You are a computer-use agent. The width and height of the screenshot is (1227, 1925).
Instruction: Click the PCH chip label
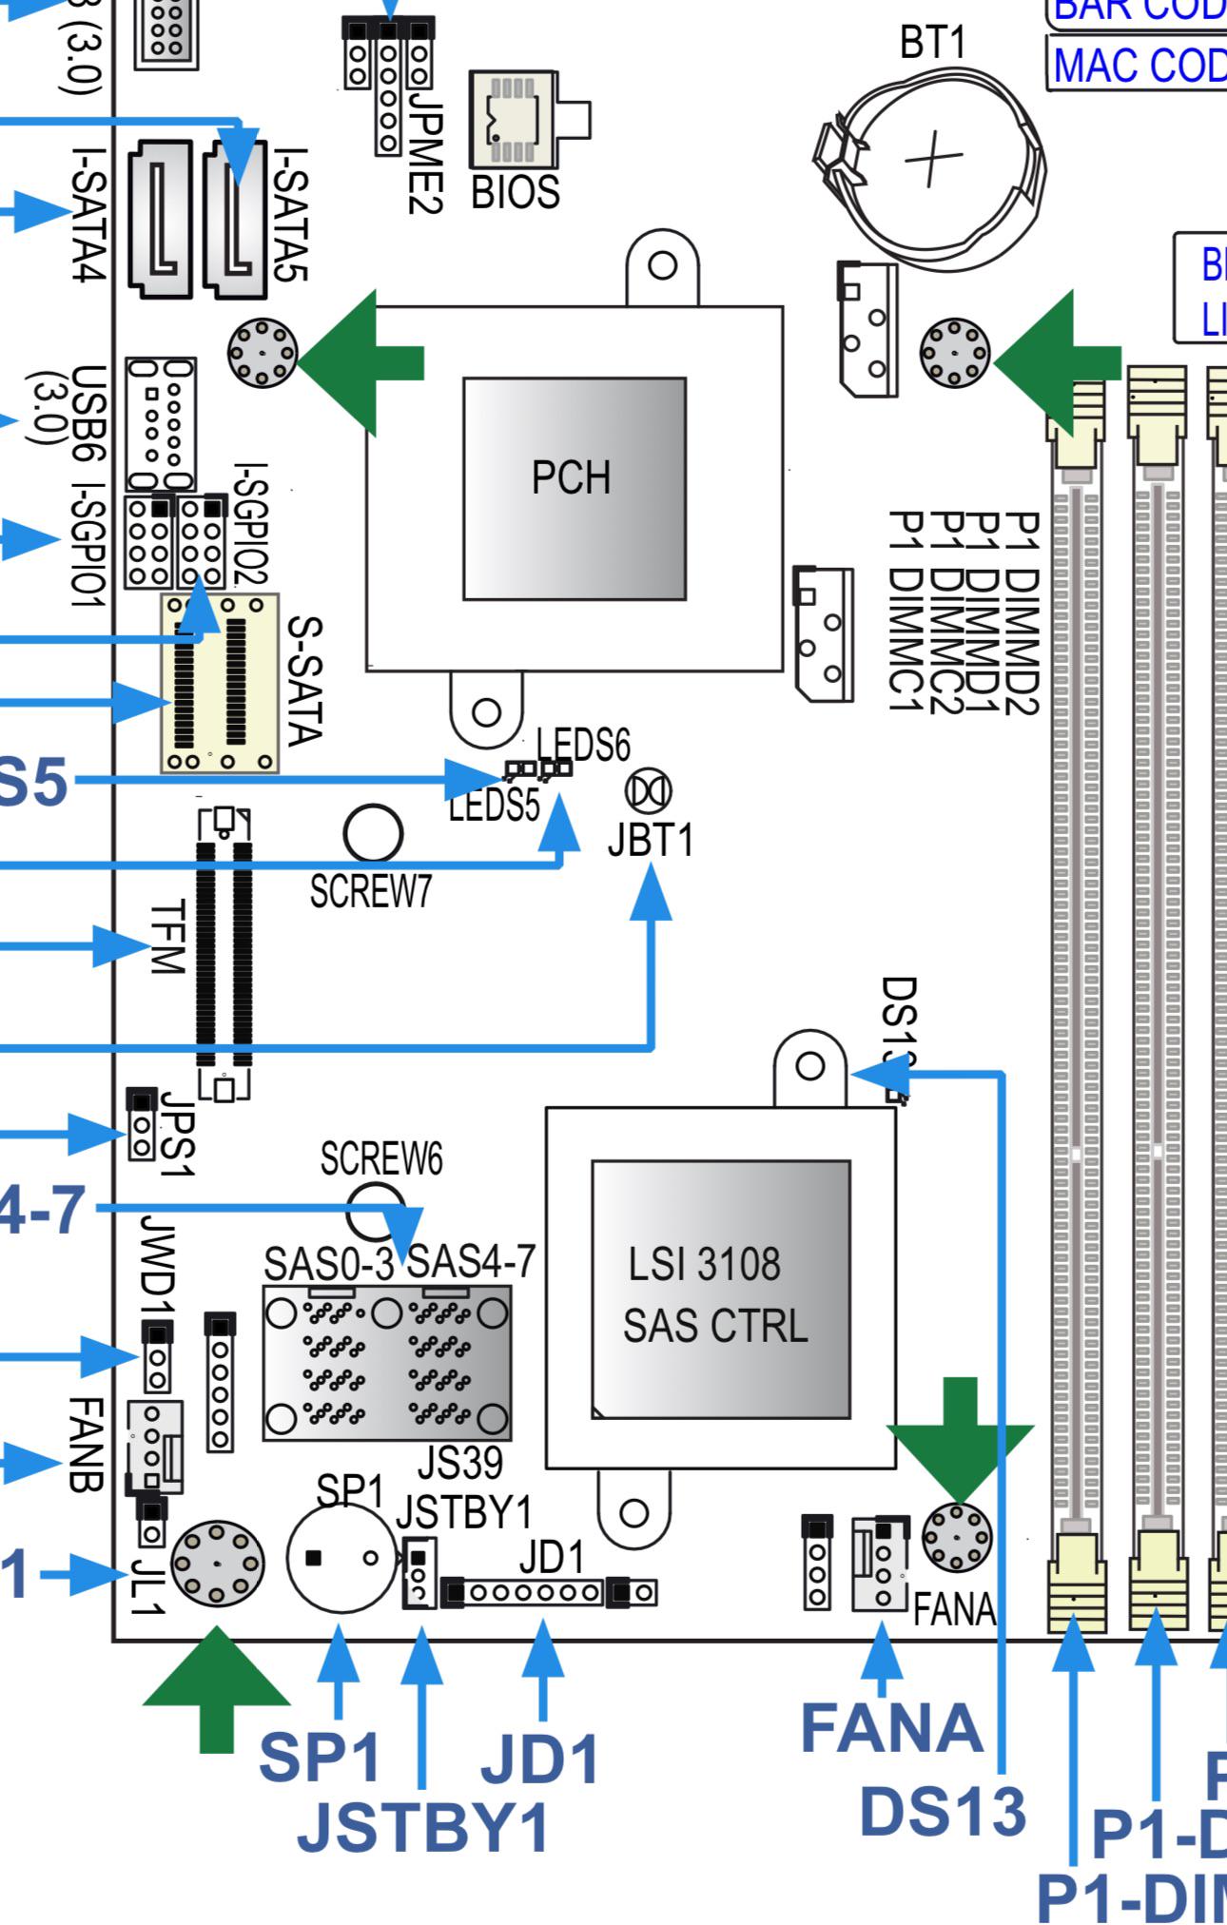point(571,477)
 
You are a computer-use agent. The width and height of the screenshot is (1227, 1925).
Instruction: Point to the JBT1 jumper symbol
point(649,790)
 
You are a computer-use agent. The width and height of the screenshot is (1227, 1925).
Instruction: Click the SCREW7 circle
point(372,833)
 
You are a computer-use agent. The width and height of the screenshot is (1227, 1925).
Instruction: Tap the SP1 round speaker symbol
point(341,1558)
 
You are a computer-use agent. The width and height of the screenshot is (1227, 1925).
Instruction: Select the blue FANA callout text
point(891,1727)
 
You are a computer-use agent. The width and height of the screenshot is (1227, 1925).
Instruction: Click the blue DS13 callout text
point(942,1809)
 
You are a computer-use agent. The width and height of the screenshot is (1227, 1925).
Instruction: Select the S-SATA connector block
point(220,683)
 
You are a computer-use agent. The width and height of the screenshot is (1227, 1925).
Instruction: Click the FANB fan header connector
point(154,1445)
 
